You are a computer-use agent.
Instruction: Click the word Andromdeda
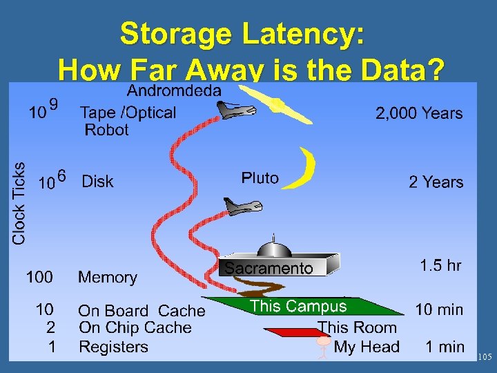pyautogui.click(x=175, y=90)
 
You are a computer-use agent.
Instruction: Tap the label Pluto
pyautogui.click(x=260, y=178)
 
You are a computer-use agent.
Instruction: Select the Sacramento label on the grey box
pyautogui.click(x=269, y=269)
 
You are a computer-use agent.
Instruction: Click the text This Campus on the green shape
pyautogui.click(x=298, y=306)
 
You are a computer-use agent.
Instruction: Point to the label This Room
pyautogui.click(x=357, y=327)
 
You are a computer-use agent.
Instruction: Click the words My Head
pyautogui.click(x=367, y=347)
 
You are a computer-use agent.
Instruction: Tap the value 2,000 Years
pyautogui.click(x=419, y=113)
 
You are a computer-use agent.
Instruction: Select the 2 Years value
pyautogui.click(x=436, y=182)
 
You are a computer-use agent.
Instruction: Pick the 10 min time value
pyautogui.click(x=439, y=310)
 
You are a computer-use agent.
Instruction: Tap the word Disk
pyautogui.click(x=97, y=182)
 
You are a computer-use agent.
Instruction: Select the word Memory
pyautogui.click(x=107, y=278)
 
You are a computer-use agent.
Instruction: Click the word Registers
pyautogui.click(x=113, y=347)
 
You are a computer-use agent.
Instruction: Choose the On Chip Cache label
pyautogui.click(x=135, y=328)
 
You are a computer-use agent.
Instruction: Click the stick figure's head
pyautogui.click(x=323, y=341)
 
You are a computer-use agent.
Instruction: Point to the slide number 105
pyautogui.click(x=485, y=357)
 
